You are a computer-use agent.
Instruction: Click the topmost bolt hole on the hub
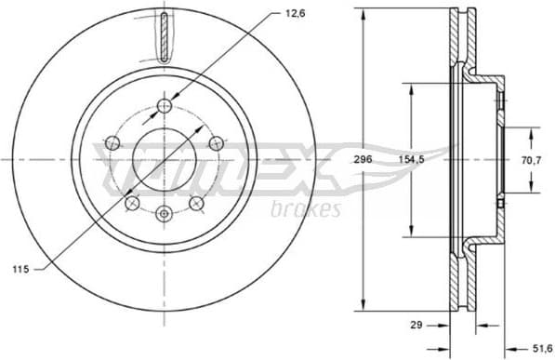tap(165, 104)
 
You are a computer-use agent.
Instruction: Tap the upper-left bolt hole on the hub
tap(113, 142)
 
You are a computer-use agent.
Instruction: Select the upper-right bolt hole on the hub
tap(216, 142)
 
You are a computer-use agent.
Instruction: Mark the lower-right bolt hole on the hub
tap(196, 203)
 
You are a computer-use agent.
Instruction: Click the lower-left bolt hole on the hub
tap(132, 203)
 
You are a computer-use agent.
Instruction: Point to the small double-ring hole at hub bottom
tap(165, 214)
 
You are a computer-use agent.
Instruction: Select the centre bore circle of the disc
tap(165, 159)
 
